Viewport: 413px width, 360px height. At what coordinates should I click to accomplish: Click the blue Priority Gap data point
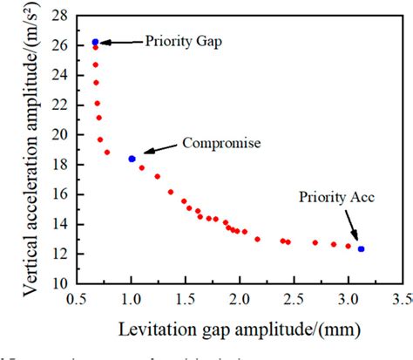point(95,42)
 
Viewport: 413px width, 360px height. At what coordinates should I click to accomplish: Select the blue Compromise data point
point(132,159)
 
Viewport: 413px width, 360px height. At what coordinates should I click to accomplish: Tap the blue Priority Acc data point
point(361,248)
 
